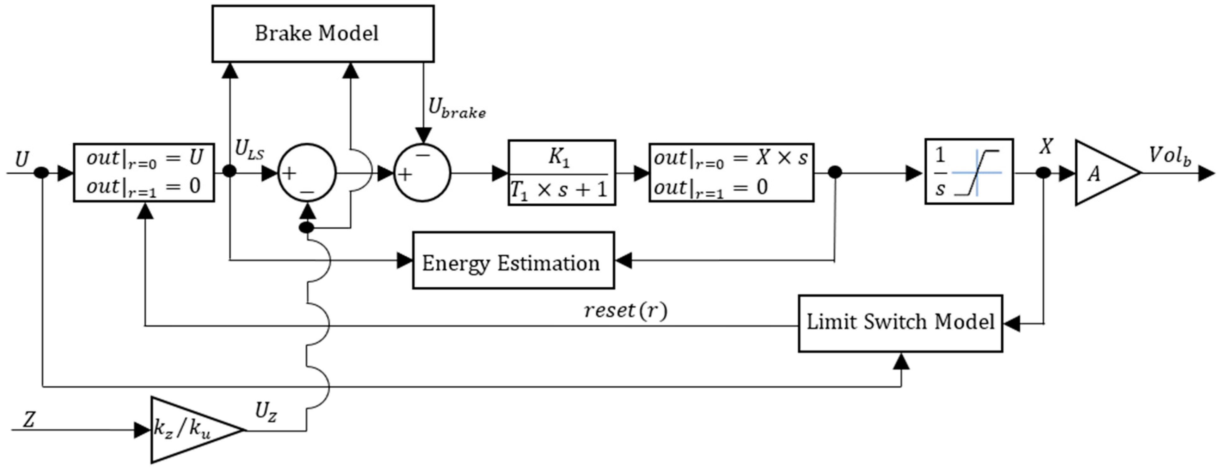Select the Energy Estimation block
[514, 260]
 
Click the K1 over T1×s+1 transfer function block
[562, 173]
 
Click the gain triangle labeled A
[1108, 173]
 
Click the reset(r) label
[625, 311]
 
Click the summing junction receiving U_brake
[422, 173]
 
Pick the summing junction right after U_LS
[307, 173]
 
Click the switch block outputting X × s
[731, 173]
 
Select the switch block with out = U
[144, 173]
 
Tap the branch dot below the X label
[1044, 173]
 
